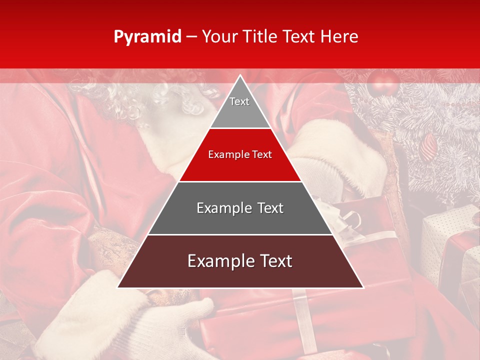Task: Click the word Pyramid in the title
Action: click(x=147, y=37)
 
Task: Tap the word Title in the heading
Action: click(x=259, y=36)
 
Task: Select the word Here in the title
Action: click(x=339, y=36)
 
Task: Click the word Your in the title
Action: click(x=220, y=36)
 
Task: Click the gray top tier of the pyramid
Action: click(x=240, y=107)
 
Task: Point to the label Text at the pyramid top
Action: click(x=239, y=101)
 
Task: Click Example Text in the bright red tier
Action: click(x=240, y=154)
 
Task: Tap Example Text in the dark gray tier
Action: click(x=240, y=208)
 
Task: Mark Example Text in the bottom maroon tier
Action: click(x=240, y=261)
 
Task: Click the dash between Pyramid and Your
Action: click(x=191, y=37)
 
